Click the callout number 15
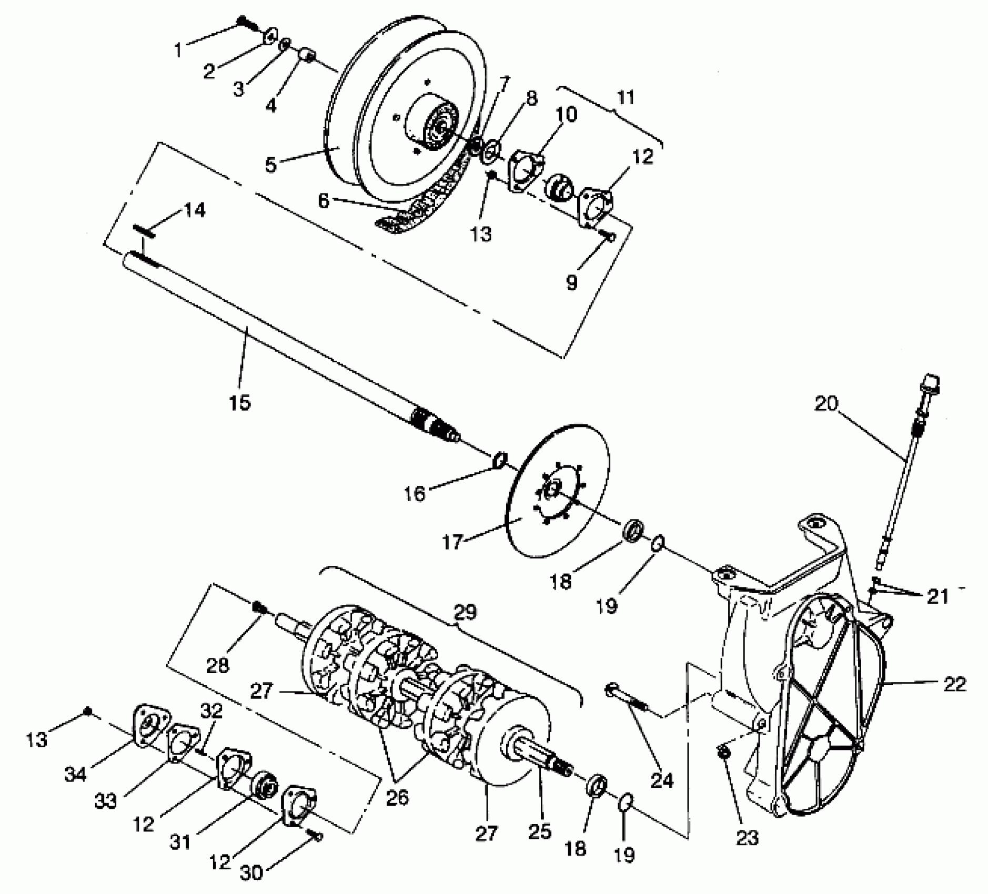[240, 403]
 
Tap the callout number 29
[464, 612]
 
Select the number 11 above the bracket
[625, 98]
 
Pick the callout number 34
[76, 774]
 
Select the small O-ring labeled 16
[499, 460]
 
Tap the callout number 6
[324, 200]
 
